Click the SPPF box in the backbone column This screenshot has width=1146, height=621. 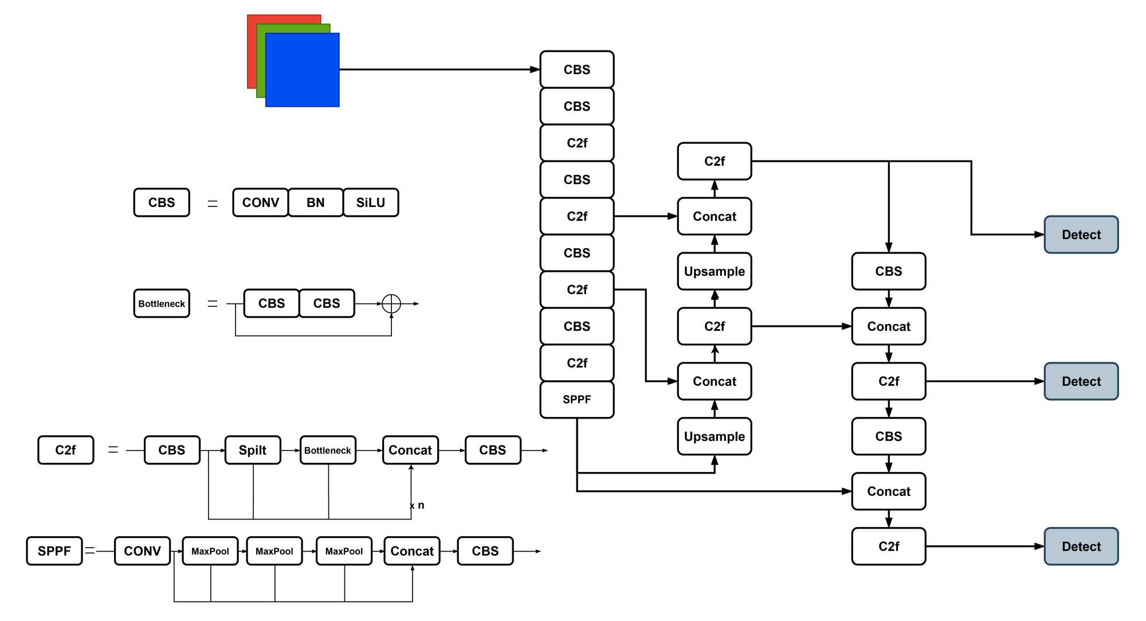coord(576,400)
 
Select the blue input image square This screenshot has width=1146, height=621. coord(303,70)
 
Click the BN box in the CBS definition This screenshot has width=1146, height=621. coord(315,202)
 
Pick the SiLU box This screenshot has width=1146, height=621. coord(370,202)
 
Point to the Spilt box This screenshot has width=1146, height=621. coord(253,450)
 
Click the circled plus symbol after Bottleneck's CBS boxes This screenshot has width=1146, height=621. coord(391,303)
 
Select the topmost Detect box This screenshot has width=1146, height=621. coord(1081,235)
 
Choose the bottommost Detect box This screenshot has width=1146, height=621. coord(1081,546)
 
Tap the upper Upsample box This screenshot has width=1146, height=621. coord(714,271)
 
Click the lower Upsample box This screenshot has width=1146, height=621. coord(714,436)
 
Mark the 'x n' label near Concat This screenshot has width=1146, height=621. coord(417,505)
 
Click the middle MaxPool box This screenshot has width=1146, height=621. coord(274,551)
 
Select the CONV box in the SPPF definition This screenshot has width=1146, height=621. coord(142,551)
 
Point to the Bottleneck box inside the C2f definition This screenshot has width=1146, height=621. coord(328,450)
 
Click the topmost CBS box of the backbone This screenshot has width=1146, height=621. coord(576,69)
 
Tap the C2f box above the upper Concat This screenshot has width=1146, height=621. coord(714,161)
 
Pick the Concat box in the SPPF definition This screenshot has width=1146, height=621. coord(412,551)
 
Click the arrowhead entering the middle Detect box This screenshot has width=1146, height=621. coord(1039,381)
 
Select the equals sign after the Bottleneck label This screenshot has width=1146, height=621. coord(213,303)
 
